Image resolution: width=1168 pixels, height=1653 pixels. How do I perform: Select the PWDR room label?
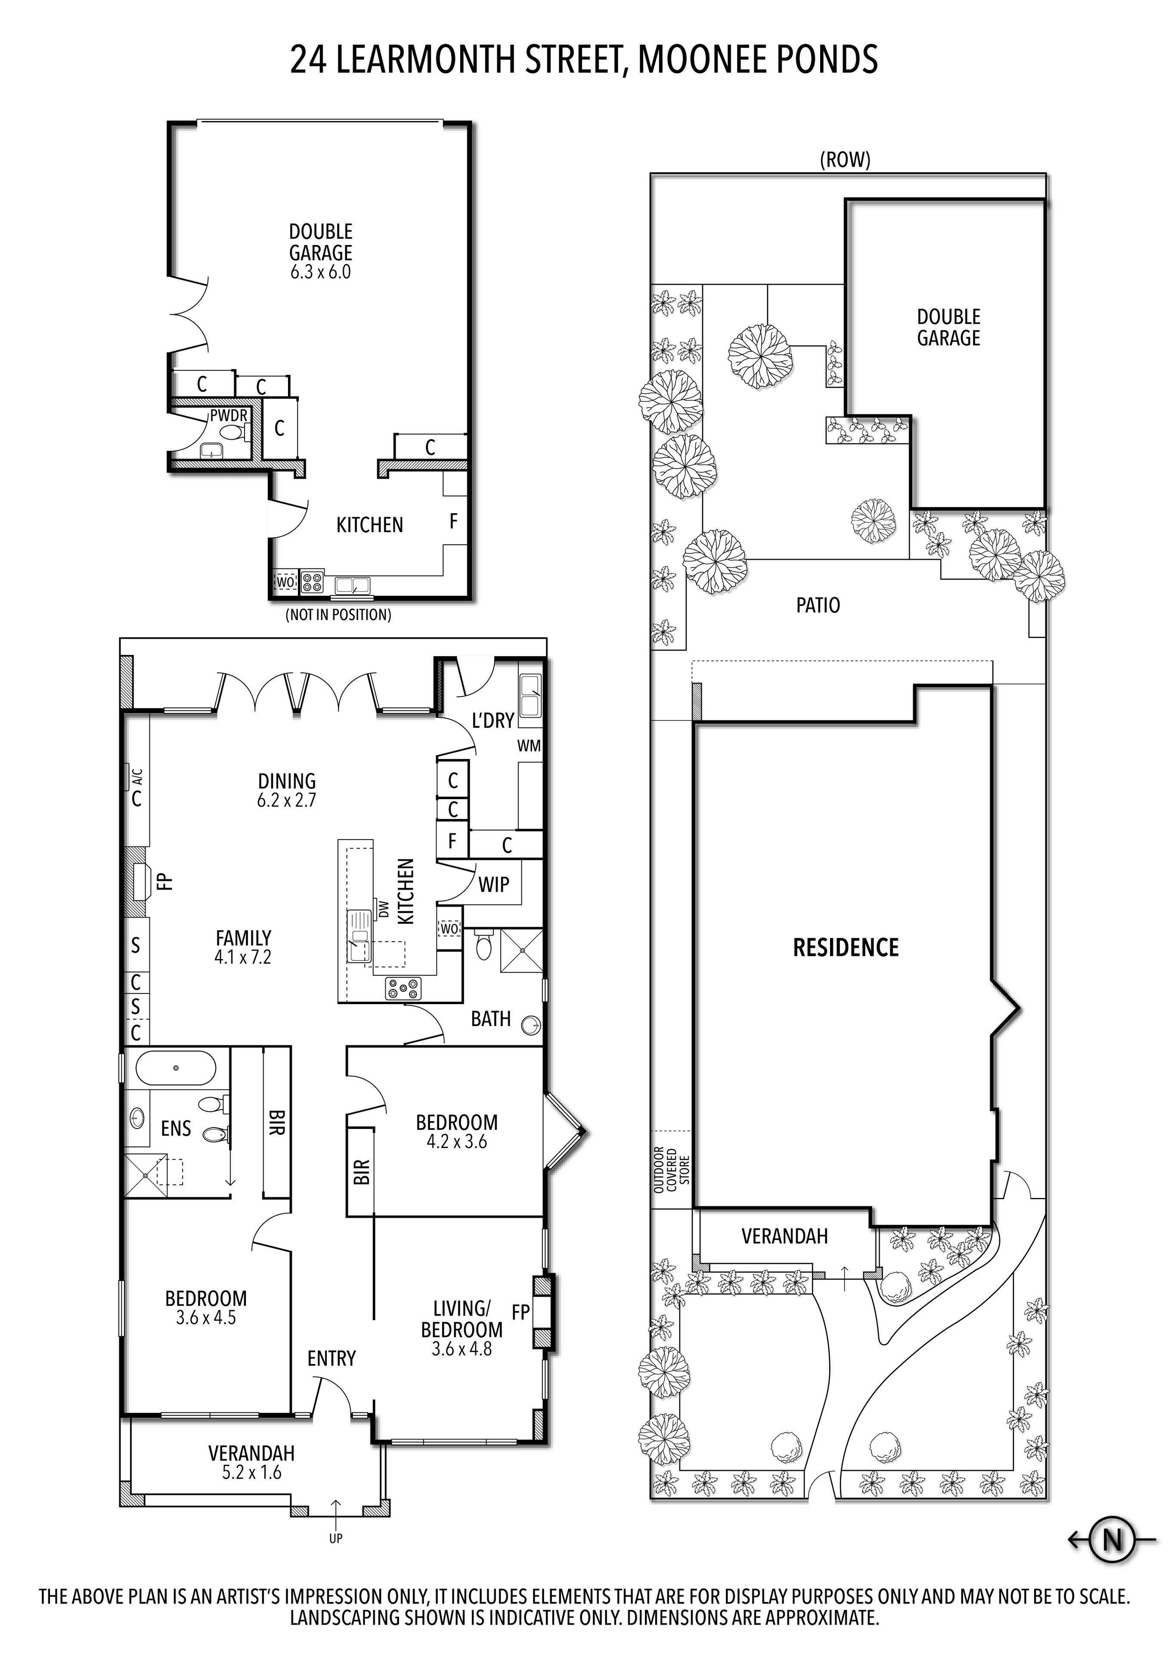click(229, 416)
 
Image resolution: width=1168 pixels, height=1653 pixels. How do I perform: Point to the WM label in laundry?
click(529, 746)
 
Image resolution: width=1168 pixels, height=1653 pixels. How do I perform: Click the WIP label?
click(494, 885)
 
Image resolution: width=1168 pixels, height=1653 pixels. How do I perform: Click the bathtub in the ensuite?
click(175, 1068)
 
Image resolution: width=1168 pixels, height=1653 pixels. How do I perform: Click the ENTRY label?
click(332, 1358)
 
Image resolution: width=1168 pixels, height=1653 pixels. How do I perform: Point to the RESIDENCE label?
click(846, 947)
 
